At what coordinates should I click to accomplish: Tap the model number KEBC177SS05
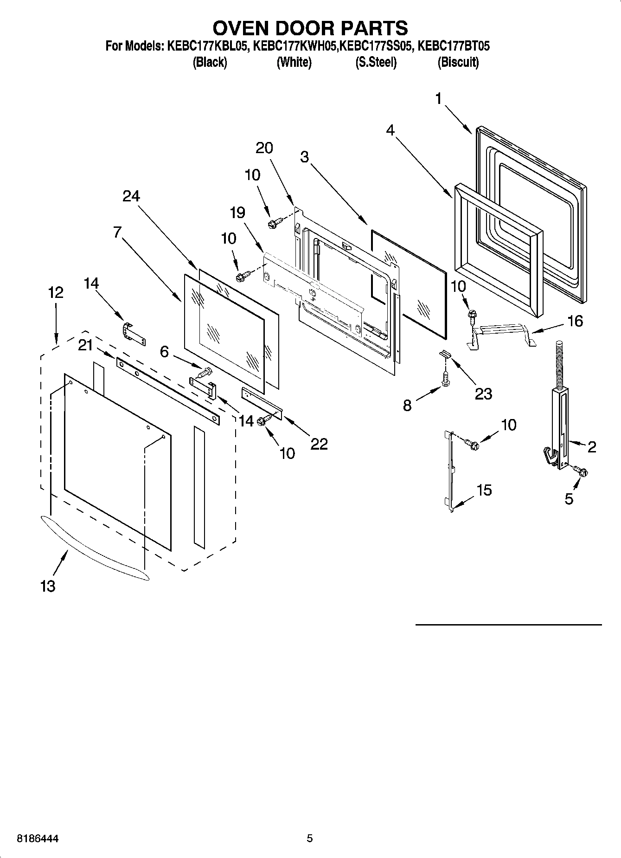376,46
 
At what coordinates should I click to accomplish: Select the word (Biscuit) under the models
458,62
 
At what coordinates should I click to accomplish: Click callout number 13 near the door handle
48,586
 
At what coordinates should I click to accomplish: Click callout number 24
131,196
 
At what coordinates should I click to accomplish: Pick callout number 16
575,321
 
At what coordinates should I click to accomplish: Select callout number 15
484,490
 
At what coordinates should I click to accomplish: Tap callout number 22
319,444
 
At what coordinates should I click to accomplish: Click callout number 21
85,345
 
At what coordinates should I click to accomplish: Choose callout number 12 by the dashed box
55,292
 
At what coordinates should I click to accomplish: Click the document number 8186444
38,839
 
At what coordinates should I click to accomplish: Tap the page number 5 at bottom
310,839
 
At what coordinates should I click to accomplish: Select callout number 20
264,148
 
